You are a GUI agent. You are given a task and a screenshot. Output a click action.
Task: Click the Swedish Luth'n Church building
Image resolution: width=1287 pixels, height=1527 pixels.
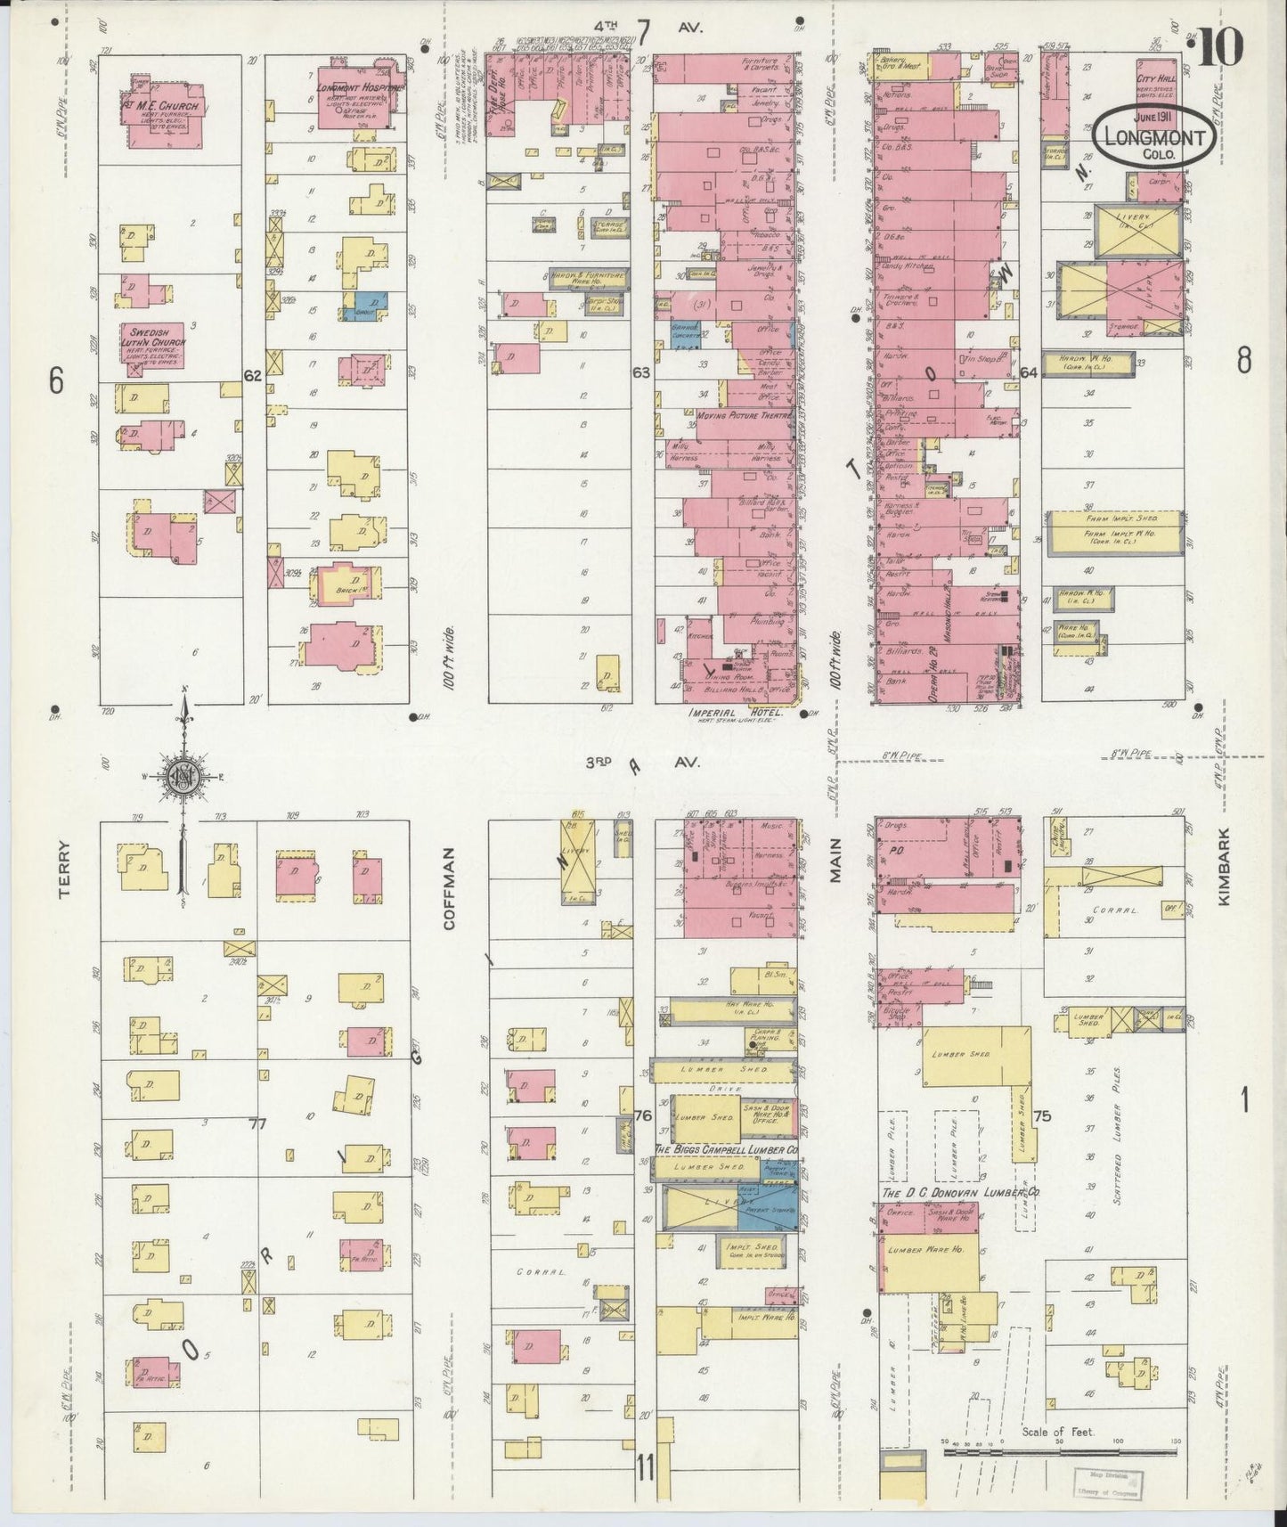153,345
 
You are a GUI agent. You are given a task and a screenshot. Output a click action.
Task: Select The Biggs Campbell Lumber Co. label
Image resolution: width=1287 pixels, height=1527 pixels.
725,1150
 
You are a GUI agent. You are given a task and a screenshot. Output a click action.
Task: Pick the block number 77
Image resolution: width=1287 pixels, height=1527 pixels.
258,1124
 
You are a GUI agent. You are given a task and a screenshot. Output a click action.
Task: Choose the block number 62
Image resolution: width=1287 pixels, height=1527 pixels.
253,377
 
